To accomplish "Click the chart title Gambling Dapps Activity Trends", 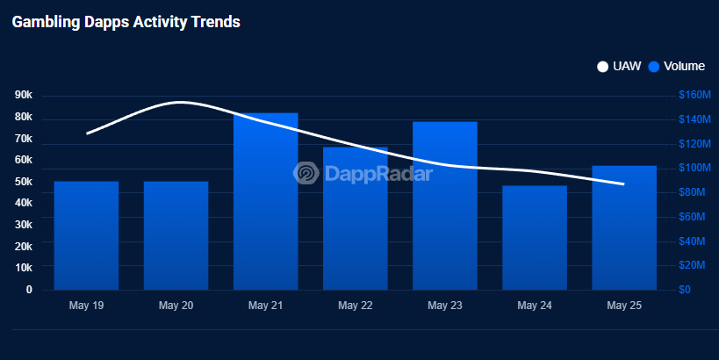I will (x=126, y=23).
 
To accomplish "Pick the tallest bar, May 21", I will (x=265, y=201).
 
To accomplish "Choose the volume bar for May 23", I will (x=445, y=205).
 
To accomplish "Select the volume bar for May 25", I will (x=624, y=227).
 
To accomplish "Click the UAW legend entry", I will (x=619, y=66).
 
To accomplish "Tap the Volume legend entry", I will (x=677, y=66).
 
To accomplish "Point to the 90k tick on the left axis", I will (x=24, y=95).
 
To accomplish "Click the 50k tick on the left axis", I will (x=24, y=181).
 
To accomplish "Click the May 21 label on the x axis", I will (x=265, y=306).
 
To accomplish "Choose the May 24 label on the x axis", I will (x=535, y=306).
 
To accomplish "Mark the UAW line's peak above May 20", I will (x=179, y=102).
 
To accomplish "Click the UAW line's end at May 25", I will (x=623, y=184).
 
